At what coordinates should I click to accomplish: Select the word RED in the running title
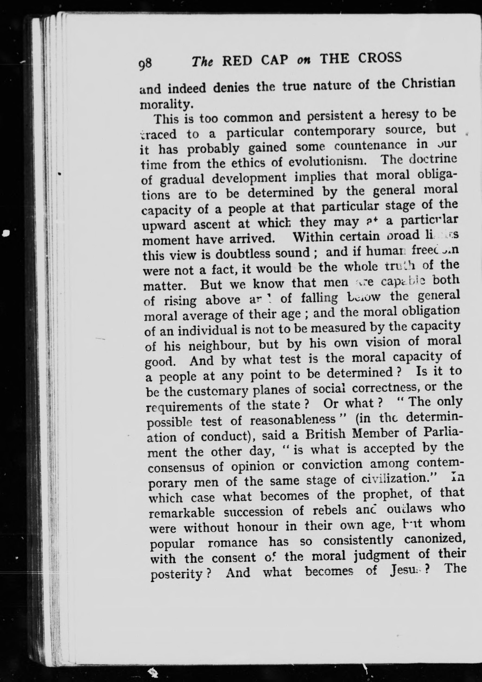tap(237, 61)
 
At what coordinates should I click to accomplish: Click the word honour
tap(258, 527)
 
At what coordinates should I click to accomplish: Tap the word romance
tap(233, 543)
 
